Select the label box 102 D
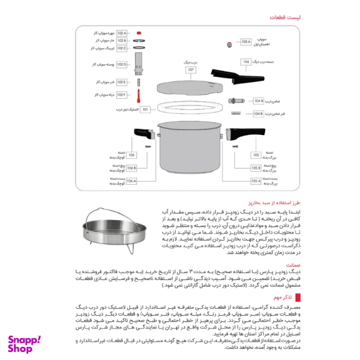121,64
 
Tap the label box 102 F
121,94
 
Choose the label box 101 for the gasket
146,109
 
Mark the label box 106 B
131,167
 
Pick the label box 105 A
256,181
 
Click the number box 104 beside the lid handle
246,61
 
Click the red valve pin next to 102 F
139,95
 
